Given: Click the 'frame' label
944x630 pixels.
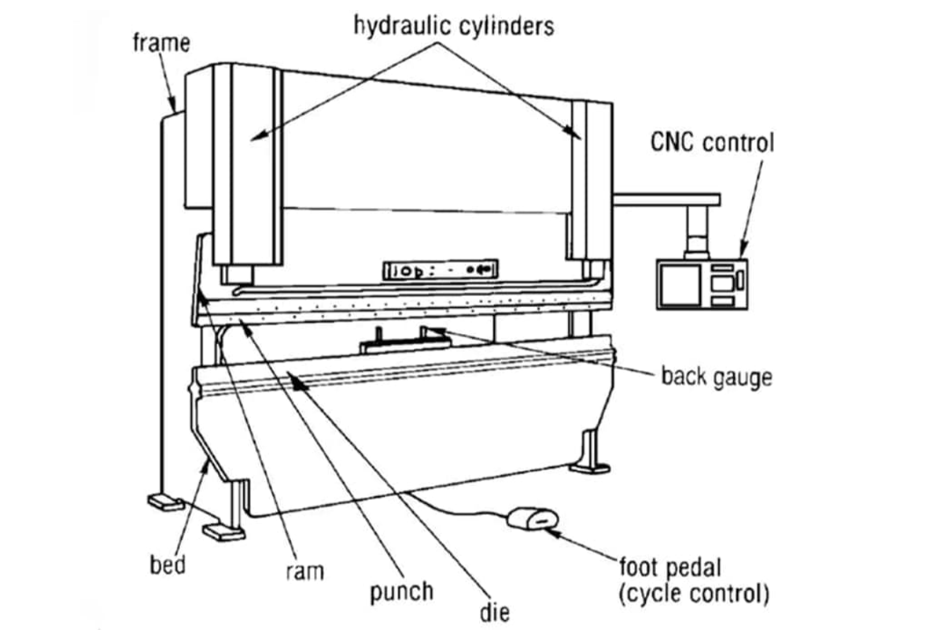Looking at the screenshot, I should [160, 41].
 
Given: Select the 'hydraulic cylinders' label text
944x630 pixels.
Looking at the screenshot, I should [454, 25].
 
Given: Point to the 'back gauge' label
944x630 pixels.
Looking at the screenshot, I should [716, 376].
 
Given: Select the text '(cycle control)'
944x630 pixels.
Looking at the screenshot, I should [693, 593].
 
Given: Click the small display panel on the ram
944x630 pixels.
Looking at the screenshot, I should [440, 270].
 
